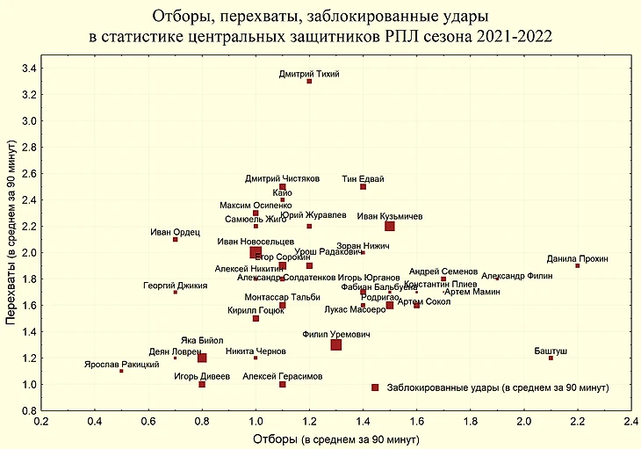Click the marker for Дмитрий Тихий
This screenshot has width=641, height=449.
309,81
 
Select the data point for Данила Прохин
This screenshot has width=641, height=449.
578,265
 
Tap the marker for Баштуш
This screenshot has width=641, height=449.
551,358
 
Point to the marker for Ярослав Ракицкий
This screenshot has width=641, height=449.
121,371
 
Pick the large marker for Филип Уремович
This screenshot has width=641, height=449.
336,344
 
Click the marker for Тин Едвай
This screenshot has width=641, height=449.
363,186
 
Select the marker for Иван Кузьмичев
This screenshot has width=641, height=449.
390,226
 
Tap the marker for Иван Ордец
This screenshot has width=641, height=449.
176,239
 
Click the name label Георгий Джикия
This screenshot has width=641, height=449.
176,286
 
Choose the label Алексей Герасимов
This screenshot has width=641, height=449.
283,376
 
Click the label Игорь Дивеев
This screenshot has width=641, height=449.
202,376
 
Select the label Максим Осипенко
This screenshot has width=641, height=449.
256,205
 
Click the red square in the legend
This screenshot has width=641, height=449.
375,387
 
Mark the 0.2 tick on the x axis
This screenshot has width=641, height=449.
40,421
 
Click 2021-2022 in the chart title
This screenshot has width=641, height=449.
510,36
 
